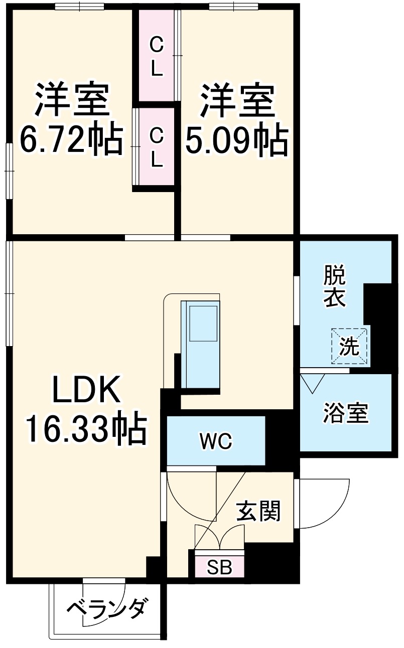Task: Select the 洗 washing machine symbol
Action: click(x=349, y=346)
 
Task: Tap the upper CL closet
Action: click(x=157, y=56)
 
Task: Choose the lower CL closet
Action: click(x=157, y=146)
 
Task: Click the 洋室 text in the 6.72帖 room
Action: click(x=72, y=100)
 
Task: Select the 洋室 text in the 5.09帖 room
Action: click(x=237, y=100)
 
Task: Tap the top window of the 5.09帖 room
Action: click(x=233, y=7)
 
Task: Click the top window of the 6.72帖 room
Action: click(x=79, y=7)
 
